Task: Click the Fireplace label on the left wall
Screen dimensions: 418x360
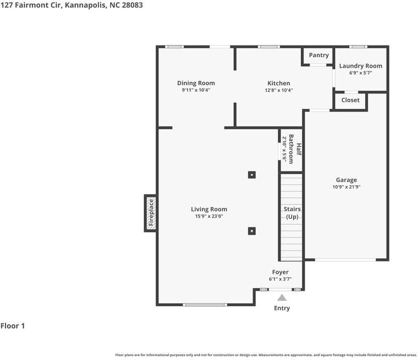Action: [x=151, y=212]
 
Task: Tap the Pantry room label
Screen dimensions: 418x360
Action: [x=319, y=56]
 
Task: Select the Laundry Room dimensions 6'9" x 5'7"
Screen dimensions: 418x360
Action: [x=361, y=73]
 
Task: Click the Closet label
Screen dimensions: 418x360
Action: [x=350, y=100]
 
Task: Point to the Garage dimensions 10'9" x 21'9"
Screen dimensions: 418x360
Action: [x=346, y=187]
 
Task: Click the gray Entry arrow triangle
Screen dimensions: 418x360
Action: [x=282, y=297]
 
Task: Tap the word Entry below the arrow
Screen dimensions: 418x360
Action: [x=282, y=308]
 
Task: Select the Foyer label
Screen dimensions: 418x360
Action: [x=280, y=272]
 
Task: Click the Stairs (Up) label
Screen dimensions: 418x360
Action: [x=292, y=213]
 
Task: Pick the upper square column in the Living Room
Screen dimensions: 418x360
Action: [x=252, y=175]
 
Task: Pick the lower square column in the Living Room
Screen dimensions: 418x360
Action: [x=252, y=231]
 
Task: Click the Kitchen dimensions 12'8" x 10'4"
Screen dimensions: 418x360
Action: [x=279, y=90]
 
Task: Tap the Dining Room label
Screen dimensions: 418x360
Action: [x=196, y=83]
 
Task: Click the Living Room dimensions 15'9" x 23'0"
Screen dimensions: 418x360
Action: [x=209, y=216]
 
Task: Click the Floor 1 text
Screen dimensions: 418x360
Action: [x=13, y=325]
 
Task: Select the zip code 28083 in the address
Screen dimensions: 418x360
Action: [x=132, y=5]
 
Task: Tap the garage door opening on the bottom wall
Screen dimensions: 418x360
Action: [x=345, y=259]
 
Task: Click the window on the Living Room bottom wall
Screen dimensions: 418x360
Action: [x=205, y=304]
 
